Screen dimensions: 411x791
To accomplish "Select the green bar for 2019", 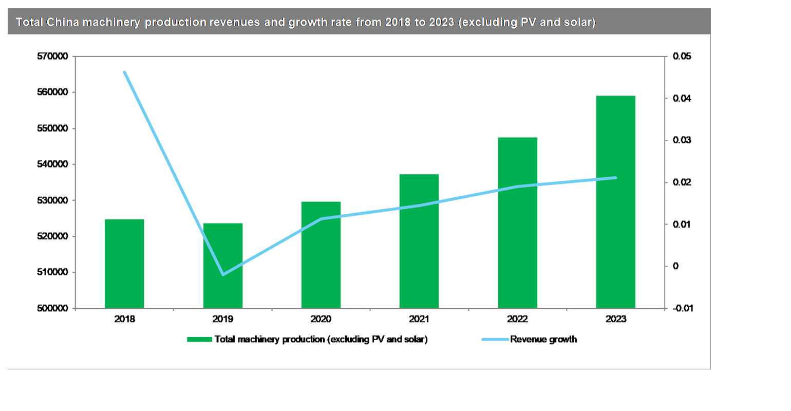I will (x=222, y=266).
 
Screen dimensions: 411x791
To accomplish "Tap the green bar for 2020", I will (x=321, y=255).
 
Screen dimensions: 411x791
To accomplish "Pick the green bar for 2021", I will (x=419, y=241).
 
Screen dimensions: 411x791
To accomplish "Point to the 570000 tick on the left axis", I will (x=53, y=57).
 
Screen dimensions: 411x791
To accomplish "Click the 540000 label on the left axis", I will (x=53, y=164).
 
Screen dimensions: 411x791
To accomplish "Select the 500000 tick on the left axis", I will (x=53, y=308).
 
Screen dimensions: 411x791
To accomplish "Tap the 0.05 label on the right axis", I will (x=682, y=57).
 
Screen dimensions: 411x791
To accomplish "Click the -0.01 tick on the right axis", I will (x=683, y=308).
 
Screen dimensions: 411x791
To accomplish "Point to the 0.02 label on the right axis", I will (x=682, y=182).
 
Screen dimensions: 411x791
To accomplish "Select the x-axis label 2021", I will (x=419, y=319).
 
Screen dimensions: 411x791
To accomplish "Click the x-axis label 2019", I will (x=222, y=319).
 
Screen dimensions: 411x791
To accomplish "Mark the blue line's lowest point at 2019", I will (x=222, y=274).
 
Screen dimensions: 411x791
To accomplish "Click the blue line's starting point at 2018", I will (x=124, y=72).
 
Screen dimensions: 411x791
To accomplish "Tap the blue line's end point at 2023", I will (x=615, y=178).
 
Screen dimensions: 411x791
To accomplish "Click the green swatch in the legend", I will (x=199, y=340).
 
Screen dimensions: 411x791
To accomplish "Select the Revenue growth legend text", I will (x=543, y=340).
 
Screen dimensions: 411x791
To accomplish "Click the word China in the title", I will (x=62, y=22).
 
